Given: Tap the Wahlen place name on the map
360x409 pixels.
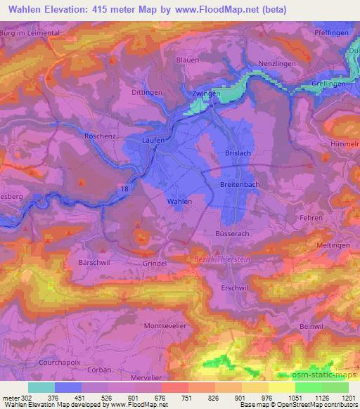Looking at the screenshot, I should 179,201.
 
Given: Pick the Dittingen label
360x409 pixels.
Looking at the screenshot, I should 147,92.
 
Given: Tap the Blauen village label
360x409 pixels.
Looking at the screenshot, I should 188,61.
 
